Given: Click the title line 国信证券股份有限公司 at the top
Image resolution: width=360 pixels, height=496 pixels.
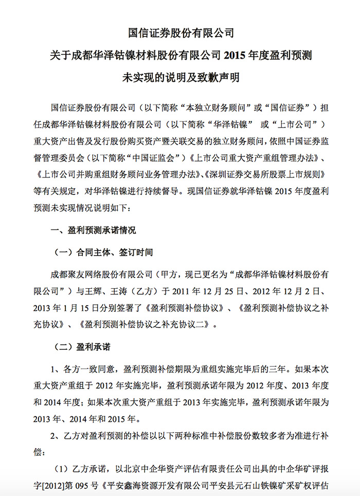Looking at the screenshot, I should tap(181, 33).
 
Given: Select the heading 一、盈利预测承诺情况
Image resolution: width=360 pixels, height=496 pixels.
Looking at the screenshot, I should tap(94, 231).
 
